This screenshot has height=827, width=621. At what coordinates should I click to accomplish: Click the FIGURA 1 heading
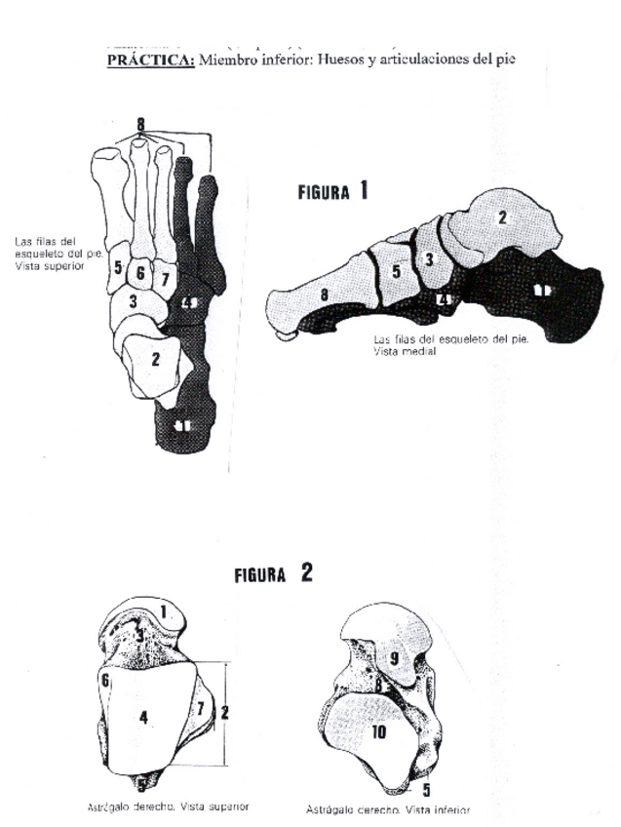point(332,191)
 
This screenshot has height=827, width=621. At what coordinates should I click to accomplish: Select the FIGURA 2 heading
point(273,573)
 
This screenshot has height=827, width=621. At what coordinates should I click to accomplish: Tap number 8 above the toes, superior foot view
point(140,124)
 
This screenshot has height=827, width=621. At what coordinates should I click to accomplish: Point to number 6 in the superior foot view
point(140,274)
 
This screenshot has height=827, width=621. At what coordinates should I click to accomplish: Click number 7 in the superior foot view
point(165,280)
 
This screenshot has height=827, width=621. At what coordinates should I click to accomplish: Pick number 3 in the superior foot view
point(134,303)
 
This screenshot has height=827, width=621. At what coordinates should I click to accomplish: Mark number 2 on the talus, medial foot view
point(503,217)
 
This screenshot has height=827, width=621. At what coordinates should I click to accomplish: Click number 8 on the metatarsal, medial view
point(323,295)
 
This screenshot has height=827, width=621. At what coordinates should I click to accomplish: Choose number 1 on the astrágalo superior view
point(165,611)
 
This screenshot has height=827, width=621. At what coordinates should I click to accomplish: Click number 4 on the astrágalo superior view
point(143,718)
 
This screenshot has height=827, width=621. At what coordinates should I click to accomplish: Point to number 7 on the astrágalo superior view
point(201,705)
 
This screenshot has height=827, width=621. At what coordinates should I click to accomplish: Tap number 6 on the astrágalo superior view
point(104,680)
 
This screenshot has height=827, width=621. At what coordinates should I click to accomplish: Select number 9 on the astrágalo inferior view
point(395,658)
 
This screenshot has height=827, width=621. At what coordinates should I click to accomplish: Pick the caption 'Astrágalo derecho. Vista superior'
point(167,807)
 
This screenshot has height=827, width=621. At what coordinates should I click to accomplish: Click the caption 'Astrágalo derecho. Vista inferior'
point(387,809)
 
